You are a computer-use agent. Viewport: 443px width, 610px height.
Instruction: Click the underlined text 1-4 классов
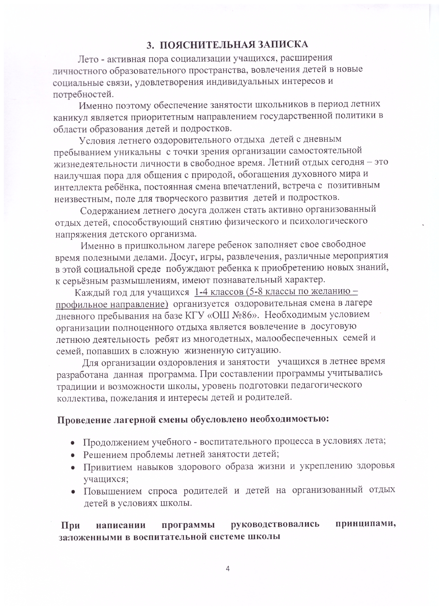click(218, 292)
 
